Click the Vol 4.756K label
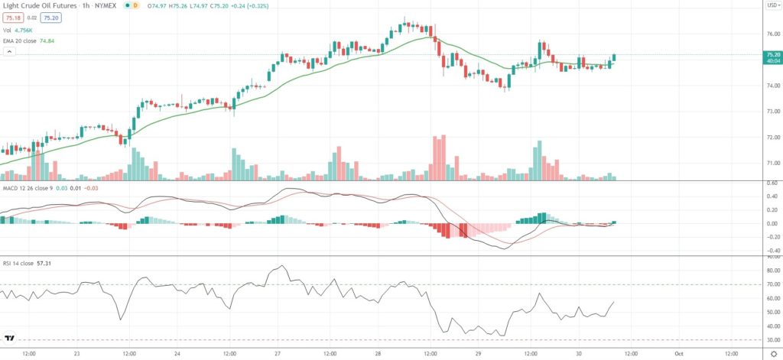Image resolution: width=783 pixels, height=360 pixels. point(18,29)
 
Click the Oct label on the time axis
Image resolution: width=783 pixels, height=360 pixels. point(679,354)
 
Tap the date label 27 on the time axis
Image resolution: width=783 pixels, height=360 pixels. point(278,354)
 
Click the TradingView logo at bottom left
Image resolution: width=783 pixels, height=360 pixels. point(10,337)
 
